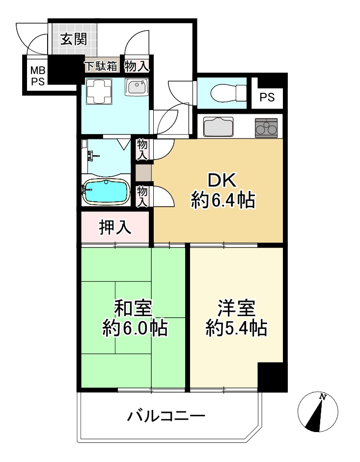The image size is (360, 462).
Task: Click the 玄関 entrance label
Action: click(73, 39)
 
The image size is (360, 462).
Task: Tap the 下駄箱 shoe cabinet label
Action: click(100, 65)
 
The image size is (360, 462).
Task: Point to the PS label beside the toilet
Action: click(267, 97)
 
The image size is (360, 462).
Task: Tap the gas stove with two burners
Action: click(266, 127)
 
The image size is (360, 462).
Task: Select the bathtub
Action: click(106, 191)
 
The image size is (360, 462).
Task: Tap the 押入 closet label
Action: click(115, 227)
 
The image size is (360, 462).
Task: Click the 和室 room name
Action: click(133, 308)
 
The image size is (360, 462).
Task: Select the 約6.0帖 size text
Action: click(135, 328)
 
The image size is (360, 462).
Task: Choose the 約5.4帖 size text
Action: click(236, 327)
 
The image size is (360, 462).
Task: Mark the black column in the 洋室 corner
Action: click(272, 377)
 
